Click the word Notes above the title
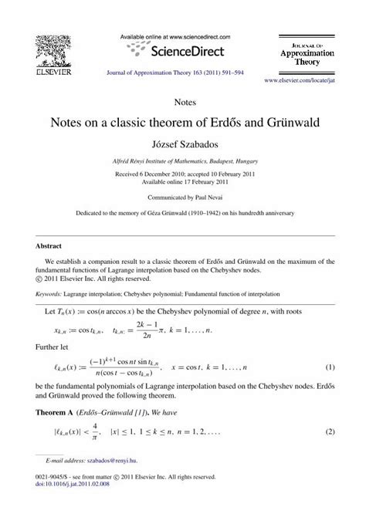tap(182, 100)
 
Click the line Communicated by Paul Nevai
tap(183, 197)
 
